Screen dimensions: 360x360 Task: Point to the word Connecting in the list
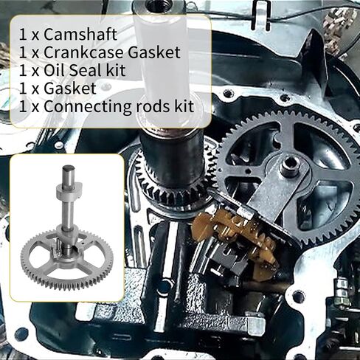click(81, 105)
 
